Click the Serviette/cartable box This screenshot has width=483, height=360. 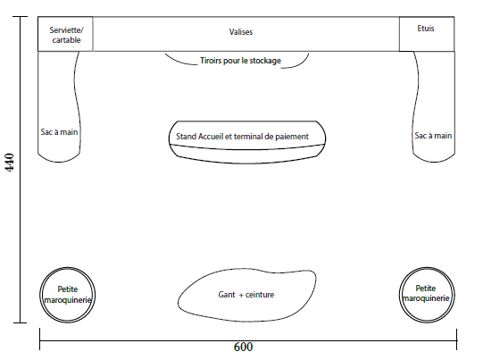[x=65, y=34]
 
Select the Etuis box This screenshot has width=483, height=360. [x=427, y=34]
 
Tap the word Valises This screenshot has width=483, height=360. [x=241, y=32]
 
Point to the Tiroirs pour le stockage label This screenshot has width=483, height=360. [x=240, y=61]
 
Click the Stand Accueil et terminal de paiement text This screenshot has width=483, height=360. [x=242, y=137]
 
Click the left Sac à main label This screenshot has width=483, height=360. [x=59, y=132]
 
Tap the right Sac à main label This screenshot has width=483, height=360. [x=433, y=136]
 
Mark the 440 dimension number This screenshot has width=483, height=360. [x=10, y=163]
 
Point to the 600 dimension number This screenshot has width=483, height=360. [x=244, y=347]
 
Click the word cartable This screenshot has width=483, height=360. [x=66, y=40]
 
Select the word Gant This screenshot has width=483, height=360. [x=227, y=295]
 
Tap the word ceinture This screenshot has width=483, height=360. [x=260, y=295]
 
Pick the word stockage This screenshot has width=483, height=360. [x=265, y=61]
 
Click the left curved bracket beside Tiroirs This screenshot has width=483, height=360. [x=180, y=61]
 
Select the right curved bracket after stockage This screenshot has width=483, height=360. [x=296, y=63]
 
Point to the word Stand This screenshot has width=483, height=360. [x=186, y=137]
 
